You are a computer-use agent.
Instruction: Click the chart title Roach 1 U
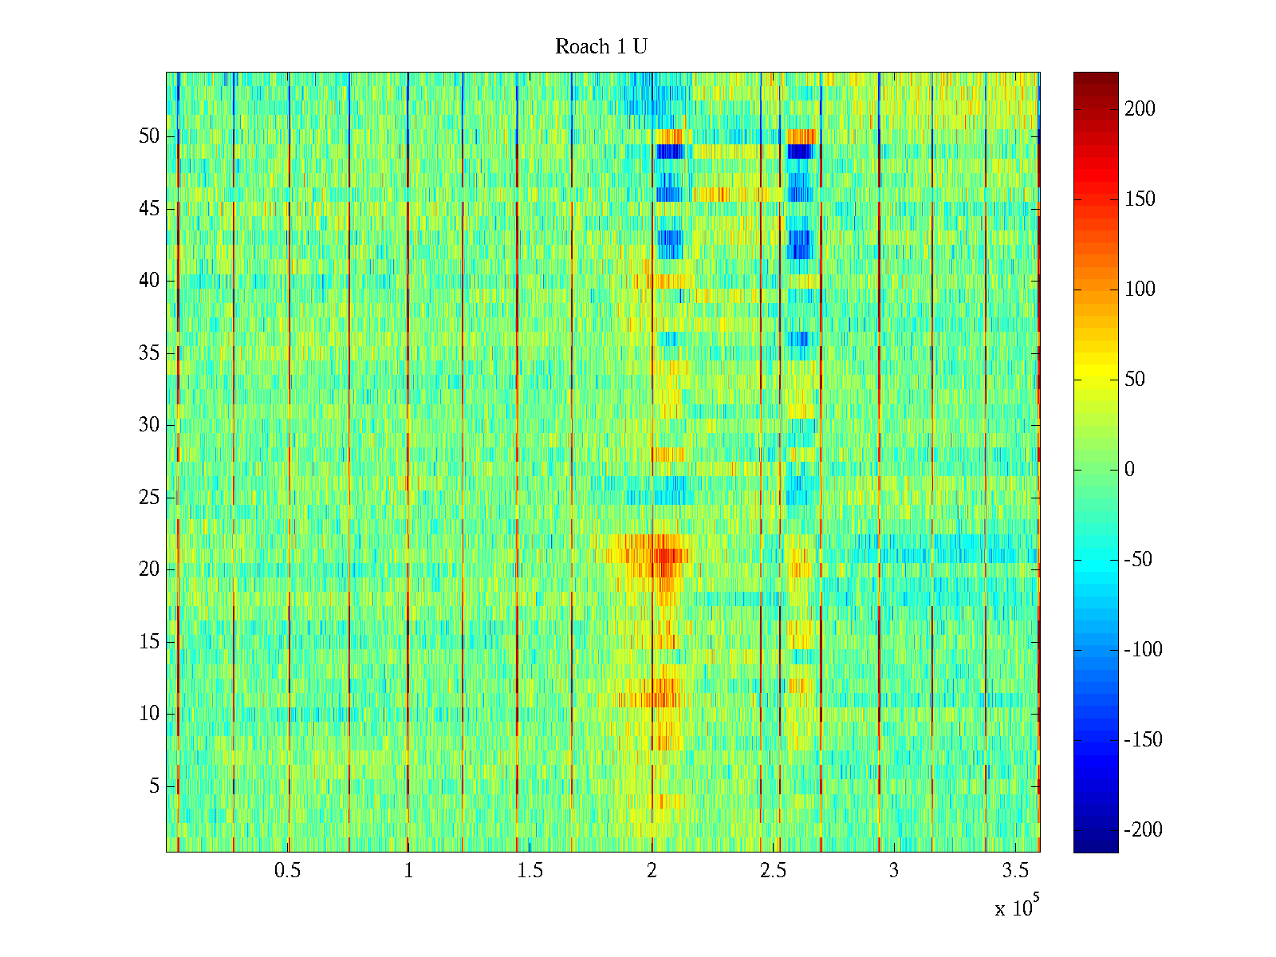click(x=601, y=47)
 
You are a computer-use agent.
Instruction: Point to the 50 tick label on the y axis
click(x=149, y=136)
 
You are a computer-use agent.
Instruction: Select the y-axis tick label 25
click(x=149, y=498)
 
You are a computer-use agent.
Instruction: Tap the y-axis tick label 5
click(x=154, y=786)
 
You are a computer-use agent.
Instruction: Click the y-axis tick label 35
click(x=149, y=353)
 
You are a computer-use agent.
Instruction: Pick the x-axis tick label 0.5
click(x=287, y=871)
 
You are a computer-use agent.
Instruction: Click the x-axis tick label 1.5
click(x=530, y=871)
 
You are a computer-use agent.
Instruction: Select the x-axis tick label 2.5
click(x=773, y=871)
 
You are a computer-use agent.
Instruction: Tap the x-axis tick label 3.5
click(x=1015, y=871)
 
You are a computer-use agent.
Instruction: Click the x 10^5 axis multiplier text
click(x=1016, y=908)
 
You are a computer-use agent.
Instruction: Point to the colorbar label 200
click(x=1140, y=109)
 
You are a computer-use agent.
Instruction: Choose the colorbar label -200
click(x=1143, y=830)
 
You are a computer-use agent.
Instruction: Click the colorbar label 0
click(x=1129, y=470)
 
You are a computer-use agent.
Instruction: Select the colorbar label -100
click(x=1143, y=650)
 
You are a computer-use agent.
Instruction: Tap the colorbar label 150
click(x=1140, y=199)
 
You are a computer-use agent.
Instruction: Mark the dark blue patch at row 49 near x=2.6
click(x=800, y=151)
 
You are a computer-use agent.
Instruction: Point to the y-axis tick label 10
click(x=149, y=714)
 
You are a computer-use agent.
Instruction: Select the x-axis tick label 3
click(x=893, y=871)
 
